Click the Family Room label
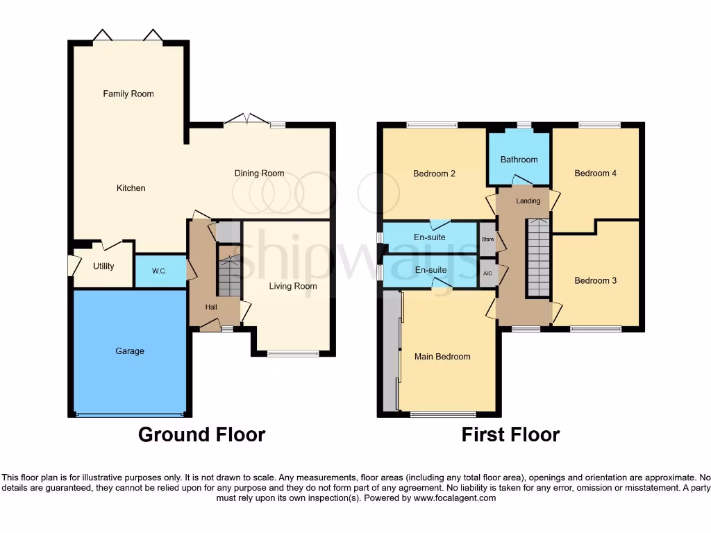tap(128, 94)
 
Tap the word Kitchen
tap(131, 188)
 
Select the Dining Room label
tap(259, 174)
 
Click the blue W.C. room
tap(159, 271)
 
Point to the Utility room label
tap(103, 266)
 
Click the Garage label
tap(130, 351)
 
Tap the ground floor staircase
tap(228, 274)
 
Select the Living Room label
tap(293, 286)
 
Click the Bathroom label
tap(519, 160)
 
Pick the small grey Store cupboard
tap(487, 239)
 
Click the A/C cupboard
tap(487, 273)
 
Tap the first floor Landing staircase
tap(537, 257)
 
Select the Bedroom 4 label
tap(595, 174)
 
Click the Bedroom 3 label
tap(595, 281)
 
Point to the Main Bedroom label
tap(442, 357)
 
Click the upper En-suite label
tap(430, 237)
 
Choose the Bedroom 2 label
tap(434, 174)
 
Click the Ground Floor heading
tap(201, 435)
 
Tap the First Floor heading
tap(510, 435)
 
